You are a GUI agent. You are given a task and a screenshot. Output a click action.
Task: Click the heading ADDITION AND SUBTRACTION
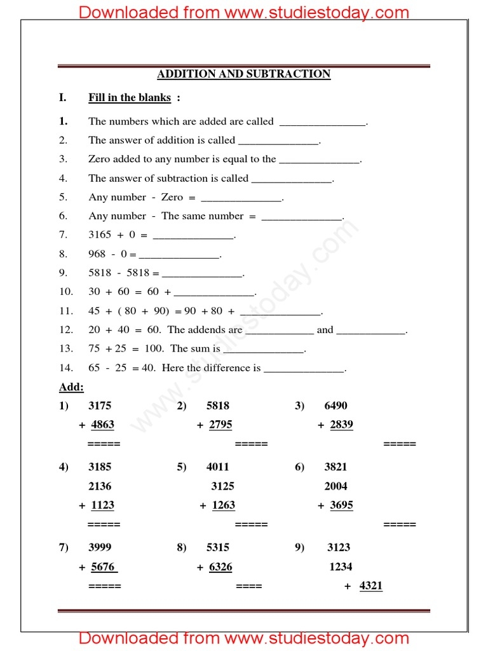point(244,74)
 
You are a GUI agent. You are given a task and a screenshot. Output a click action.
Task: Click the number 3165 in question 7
point(99,235)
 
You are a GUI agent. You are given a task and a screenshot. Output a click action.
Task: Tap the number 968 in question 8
point(97,254)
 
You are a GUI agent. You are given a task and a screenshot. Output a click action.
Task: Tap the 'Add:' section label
point(71,387)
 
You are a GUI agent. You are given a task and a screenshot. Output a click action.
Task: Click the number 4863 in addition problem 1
point(102,425)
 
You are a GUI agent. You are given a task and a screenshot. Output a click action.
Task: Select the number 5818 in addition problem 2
point(218,406)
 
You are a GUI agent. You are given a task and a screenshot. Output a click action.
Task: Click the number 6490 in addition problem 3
point(335,406)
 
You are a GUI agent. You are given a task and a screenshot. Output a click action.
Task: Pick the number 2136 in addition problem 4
point(100,486)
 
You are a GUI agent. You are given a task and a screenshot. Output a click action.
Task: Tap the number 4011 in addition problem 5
point(218,467)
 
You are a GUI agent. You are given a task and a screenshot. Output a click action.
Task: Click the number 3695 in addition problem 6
point(341,505)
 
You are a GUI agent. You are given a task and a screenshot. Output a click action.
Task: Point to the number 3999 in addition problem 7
point(100,547)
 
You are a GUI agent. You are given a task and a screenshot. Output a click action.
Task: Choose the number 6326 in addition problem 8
point(220,566)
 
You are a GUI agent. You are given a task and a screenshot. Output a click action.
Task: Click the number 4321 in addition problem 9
point(371,586)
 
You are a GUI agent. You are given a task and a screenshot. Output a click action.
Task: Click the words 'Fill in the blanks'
point(130,98)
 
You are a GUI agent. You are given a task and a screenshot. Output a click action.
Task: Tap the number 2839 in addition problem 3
point(341,425)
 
